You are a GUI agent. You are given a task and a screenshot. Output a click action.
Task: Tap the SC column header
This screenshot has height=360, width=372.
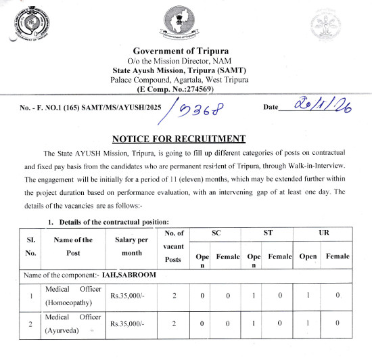(x=216, y=233)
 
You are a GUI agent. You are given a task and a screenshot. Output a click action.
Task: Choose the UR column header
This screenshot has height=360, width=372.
(x=324, y=233)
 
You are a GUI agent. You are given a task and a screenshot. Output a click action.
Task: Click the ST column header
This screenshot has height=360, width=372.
(x=267, y=233)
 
